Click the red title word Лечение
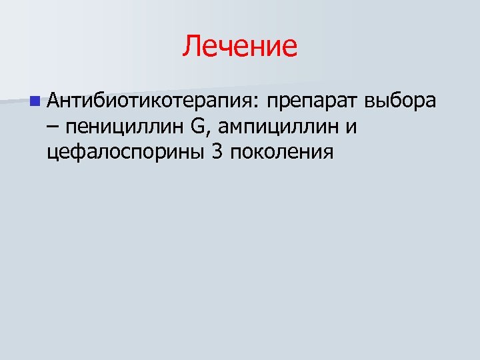240,47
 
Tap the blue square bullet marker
34,102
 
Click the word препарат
313,102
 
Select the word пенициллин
121,127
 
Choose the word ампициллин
279,127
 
